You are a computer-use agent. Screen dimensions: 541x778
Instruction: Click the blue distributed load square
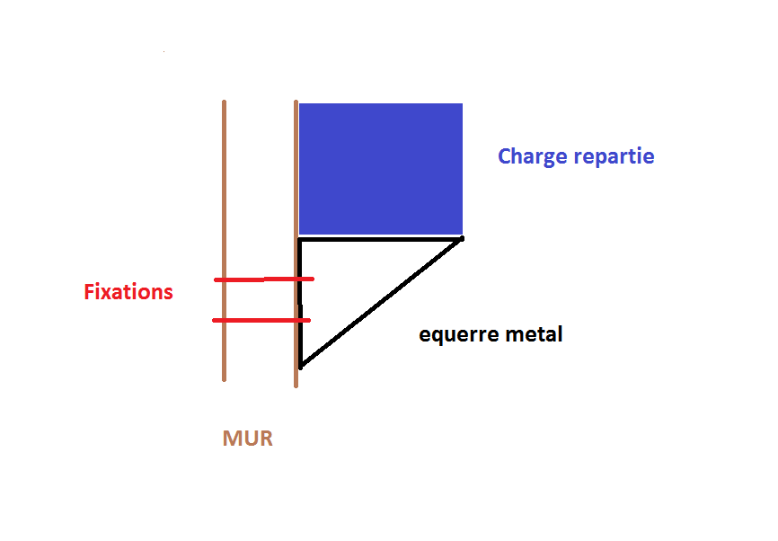(x=380, y=168)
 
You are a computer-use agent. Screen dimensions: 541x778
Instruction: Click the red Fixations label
(x=128, y=292)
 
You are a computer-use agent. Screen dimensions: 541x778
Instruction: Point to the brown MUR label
(x=247, y=439)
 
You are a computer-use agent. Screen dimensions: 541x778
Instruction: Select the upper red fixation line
(x=263, y=279)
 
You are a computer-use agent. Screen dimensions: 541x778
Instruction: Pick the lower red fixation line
(x=261, y=320)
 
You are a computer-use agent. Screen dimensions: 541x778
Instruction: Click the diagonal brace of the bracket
(x=381, y=302)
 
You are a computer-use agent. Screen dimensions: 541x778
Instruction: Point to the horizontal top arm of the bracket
(x=379, y=239)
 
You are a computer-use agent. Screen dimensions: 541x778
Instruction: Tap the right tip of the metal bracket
(x=461, y=238)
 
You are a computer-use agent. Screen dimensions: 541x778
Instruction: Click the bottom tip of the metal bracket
(x=301, y=366)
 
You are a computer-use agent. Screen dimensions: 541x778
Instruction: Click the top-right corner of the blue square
(x=462, y=104)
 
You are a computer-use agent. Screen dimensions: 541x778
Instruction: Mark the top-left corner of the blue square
(x=300, y=104)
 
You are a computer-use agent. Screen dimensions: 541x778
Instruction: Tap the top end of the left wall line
(x=224, y=102)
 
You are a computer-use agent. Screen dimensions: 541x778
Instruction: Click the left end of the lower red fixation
(x=214, y=320)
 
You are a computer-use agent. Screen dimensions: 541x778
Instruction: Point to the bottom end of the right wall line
(x=296, y=385)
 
